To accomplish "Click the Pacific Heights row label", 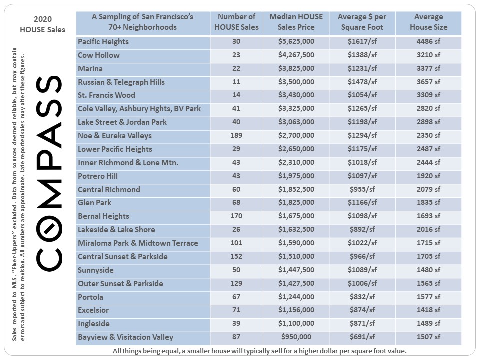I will [103, 42].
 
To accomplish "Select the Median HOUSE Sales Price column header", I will [296, 22].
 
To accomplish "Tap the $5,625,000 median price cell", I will [296, 42].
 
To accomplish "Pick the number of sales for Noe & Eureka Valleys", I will [236, 136].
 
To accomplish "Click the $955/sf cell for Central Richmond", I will [362, 190].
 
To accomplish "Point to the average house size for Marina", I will [428, 69].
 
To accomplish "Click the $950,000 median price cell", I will [296, 338].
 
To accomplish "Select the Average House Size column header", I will [428, 22].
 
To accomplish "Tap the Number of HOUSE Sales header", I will [236, 22].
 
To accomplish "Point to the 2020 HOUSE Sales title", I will [42, 24].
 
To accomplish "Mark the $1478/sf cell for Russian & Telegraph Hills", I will [362, 82].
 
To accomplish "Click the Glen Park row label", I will [95, 203].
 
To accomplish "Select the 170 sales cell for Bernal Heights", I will [236, 217].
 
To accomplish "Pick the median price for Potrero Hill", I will [296, 176].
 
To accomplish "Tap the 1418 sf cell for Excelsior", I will [428, 311].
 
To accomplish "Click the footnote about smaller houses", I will [260, 351].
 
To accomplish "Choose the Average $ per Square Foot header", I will [362, 22].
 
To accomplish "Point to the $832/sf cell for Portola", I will [362, 297].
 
